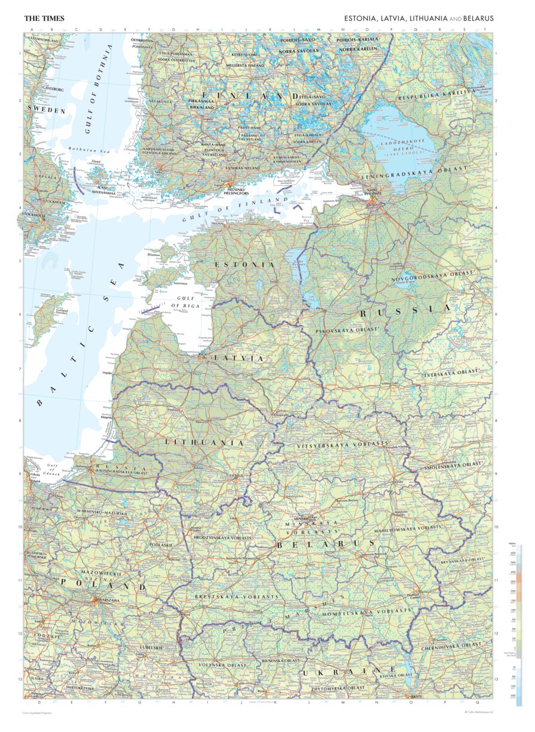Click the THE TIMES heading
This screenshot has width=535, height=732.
44,19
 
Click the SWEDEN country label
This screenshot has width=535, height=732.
46,111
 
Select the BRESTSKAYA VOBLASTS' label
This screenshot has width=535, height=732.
237,596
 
